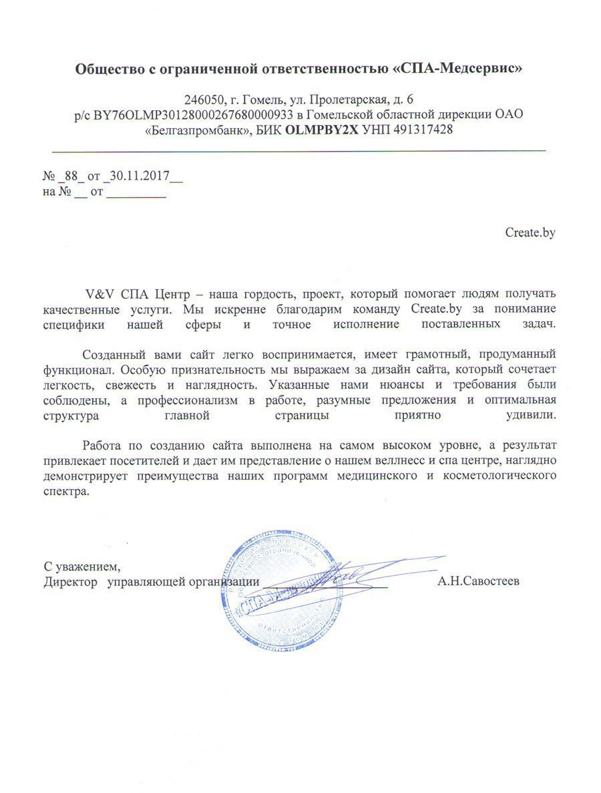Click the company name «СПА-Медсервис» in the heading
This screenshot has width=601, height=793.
coord(455,68)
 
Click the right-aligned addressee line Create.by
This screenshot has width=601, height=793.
coord(531,232)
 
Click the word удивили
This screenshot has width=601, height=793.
coord(532,414)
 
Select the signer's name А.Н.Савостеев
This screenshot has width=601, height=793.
coord(479,581)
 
